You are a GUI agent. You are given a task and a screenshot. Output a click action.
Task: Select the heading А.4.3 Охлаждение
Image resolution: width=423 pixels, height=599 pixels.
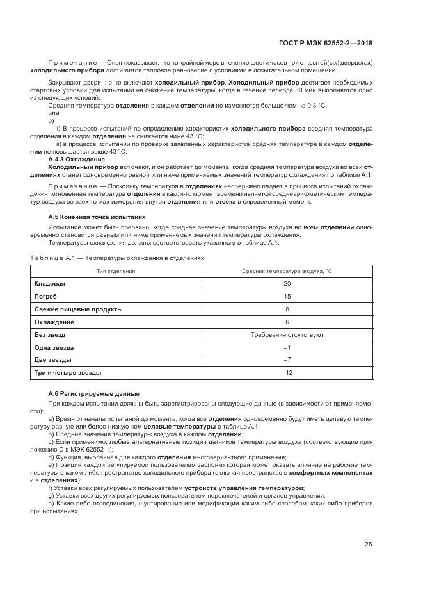tap(76, 159)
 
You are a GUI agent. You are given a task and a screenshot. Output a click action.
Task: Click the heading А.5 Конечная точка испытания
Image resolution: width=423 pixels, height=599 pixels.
tap(97, 217)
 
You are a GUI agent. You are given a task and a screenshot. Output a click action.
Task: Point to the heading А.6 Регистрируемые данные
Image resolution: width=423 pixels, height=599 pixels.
tap(94, 393)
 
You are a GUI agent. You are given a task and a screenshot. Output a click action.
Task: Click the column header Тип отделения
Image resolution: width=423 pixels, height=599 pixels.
tap(115, 271)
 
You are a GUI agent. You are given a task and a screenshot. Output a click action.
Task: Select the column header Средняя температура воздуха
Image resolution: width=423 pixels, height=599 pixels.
tap(287, 271)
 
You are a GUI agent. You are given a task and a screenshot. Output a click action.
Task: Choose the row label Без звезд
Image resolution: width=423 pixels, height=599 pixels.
tap(49, 334)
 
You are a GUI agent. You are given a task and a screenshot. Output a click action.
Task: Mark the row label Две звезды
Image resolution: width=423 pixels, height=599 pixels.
tap(52, 360)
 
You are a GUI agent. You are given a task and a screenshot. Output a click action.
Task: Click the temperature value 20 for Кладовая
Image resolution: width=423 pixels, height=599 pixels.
tap(287, 283)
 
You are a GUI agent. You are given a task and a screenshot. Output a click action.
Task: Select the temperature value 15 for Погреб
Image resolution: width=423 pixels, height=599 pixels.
tap(287, 296)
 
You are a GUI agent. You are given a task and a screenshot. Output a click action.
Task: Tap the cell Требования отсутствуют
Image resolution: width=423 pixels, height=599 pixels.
tap(287, 334)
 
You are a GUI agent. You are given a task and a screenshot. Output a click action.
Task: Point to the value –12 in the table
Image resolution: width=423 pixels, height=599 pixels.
tap(287, 373)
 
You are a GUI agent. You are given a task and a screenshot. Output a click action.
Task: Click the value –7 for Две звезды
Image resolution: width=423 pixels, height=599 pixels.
tap(287, 360)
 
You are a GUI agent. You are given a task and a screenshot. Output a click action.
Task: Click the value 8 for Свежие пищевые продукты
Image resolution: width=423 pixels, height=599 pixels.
tap(287, 309)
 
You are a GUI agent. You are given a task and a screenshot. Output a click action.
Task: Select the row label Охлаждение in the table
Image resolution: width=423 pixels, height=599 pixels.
tap(54, 322)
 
